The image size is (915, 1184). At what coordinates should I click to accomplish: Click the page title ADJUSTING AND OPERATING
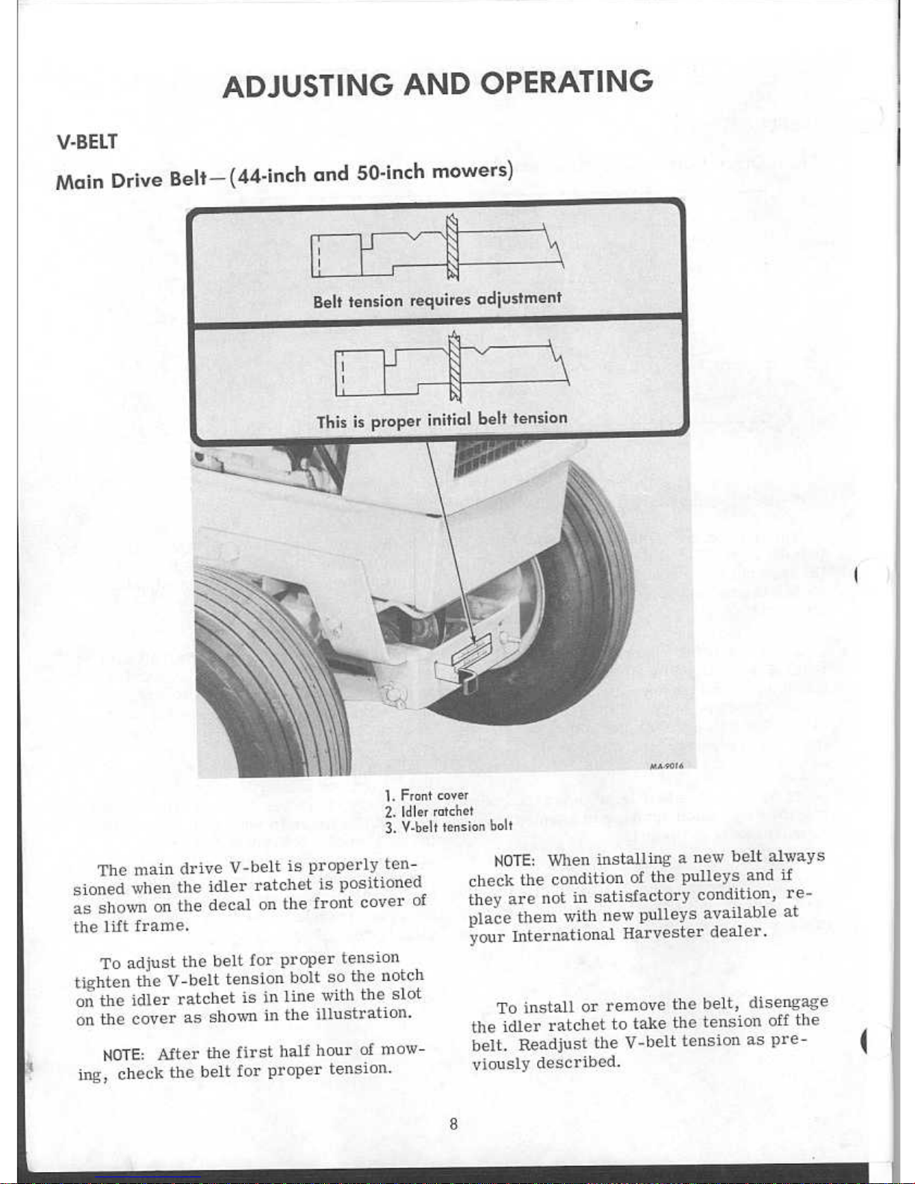click(x=438, y=83)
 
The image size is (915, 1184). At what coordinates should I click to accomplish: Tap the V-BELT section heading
click(x=87, y=142)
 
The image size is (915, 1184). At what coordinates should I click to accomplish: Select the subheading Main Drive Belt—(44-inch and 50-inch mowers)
click(x=285, y=175)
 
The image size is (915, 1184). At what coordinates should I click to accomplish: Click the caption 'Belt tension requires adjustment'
click(x=438, y=300)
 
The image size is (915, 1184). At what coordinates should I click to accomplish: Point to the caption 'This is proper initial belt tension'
click(x=442, y=420)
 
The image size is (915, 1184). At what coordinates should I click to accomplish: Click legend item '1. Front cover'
click(x=427, y=796)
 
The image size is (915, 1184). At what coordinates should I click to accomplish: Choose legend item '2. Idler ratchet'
click(x=429, y=811)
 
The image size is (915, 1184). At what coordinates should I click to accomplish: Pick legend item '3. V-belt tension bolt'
click(x=449, y=826)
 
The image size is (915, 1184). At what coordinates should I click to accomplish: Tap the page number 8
click(x=453, y=1123)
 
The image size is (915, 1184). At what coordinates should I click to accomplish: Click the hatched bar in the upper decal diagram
click(x=452, y=248)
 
